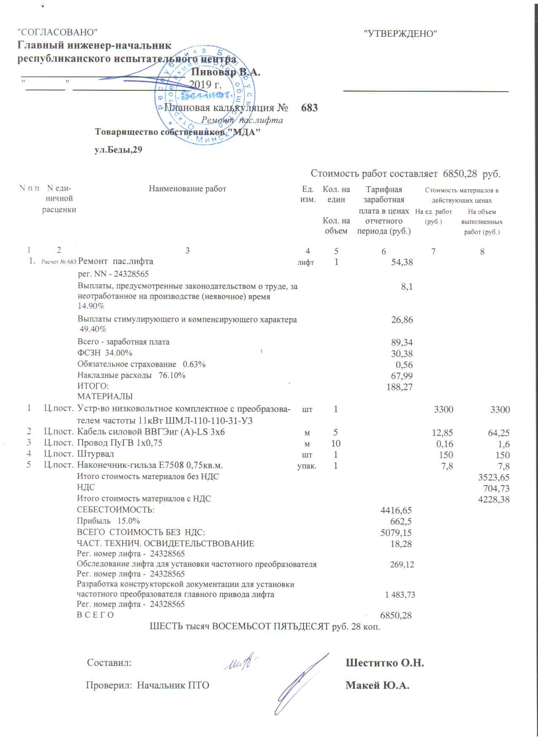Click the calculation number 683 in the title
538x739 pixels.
[x=309, y=108]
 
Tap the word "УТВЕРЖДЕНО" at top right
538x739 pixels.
[x=400, y=34]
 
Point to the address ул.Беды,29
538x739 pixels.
[x=118, y=149]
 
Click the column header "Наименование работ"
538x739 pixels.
[x=187, y=189]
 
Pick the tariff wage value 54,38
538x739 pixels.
[x=402, y=262]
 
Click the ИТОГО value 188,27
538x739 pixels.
[x=399, y=387]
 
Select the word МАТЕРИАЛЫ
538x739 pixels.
[x=105, y=396]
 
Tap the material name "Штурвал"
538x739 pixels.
[x=95, y=454]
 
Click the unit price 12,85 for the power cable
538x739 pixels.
[x=443, y=432]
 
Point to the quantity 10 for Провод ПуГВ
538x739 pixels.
[x=336, y=443]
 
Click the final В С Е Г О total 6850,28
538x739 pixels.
[x=396, y=615]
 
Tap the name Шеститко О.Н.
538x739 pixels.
[x=385, y=663]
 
